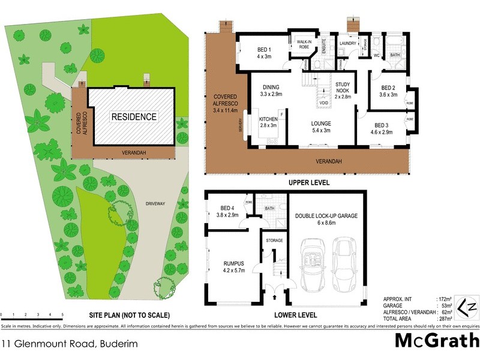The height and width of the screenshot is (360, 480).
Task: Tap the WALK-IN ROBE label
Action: [300, 43]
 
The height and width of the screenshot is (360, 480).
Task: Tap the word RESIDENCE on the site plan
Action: [134, 117]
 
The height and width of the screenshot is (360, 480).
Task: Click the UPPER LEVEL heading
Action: [310, 182]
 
